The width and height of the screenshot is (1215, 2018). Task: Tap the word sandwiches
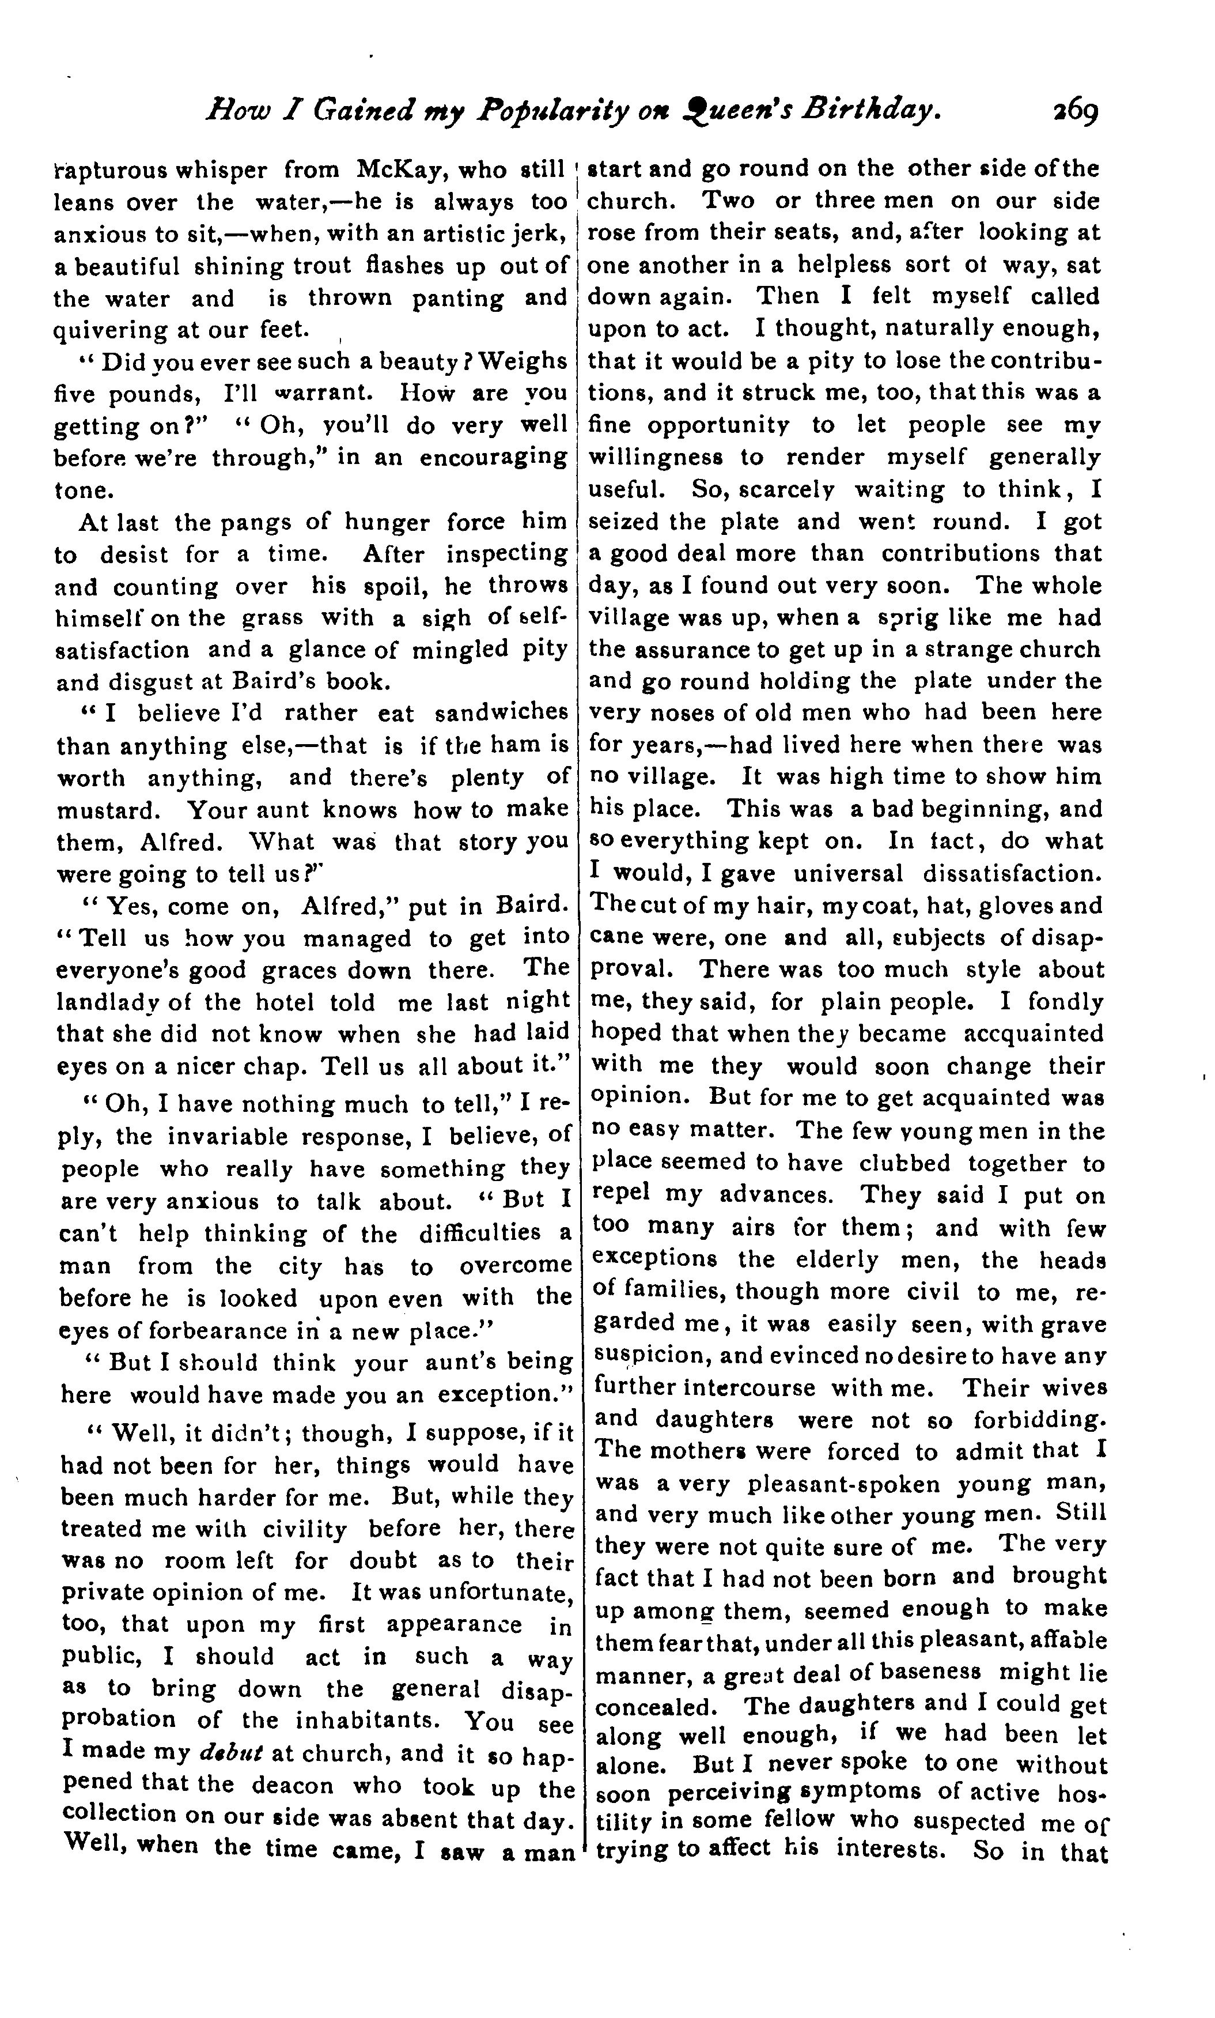click(x=501, y=712)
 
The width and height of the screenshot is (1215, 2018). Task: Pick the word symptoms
click(x=862, y=1793)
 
